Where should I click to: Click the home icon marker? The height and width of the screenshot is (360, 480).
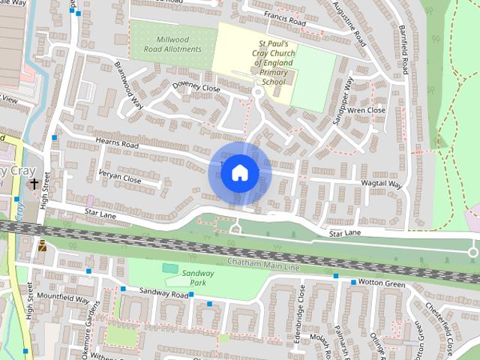239,172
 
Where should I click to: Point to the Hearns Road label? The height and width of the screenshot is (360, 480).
119,142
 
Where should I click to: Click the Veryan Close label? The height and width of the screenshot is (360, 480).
119,179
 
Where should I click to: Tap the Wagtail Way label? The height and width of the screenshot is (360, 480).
382,184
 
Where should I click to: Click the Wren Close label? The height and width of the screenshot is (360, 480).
367,110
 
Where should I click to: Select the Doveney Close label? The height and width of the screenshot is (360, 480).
196,88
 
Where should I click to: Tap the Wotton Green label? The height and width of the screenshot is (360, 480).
383,283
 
